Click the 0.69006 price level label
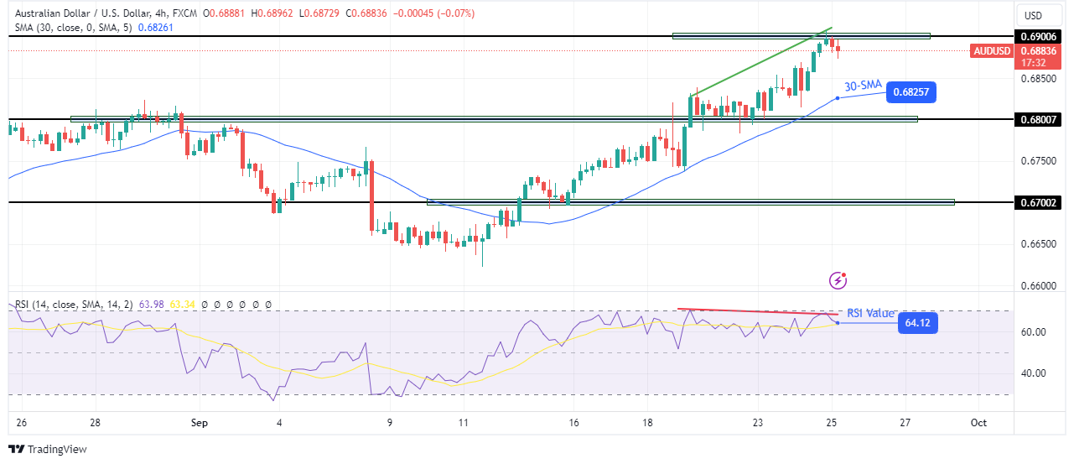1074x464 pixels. click(1040, 37)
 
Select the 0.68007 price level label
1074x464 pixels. click(1040, 119)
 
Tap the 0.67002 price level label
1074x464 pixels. click(1040, 202)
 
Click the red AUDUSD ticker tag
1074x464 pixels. click(992, 50)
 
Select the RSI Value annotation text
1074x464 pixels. click(871, 313)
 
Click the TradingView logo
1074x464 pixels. click(48, 450)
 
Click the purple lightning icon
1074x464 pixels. click(837, 279)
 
